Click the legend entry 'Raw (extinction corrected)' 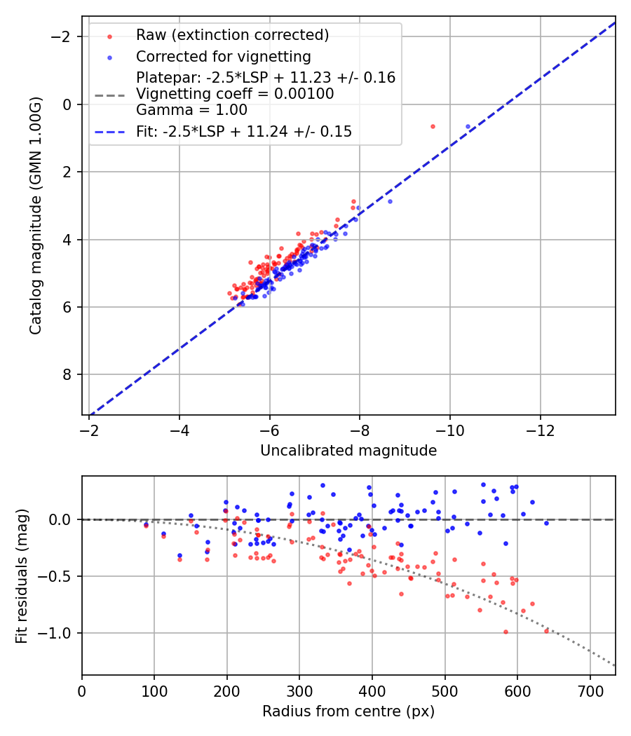(232, 35)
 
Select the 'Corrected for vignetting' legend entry (223, 56)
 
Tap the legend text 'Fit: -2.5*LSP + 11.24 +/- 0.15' (243, 131)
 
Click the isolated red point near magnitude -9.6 (433, 126)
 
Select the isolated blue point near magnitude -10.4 (468, 127)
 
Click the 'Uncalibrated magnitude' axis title (348, 451)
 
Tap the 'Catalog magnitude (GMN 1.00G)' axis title (36, 215)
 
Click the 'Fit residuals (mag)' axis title (22, 575)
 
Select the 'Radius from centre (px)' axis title (348, 711)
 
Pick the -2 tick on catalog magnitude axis (65, 36)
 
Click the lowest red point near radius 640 (546, 631)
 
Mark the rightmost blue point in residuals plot (546, 523)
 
